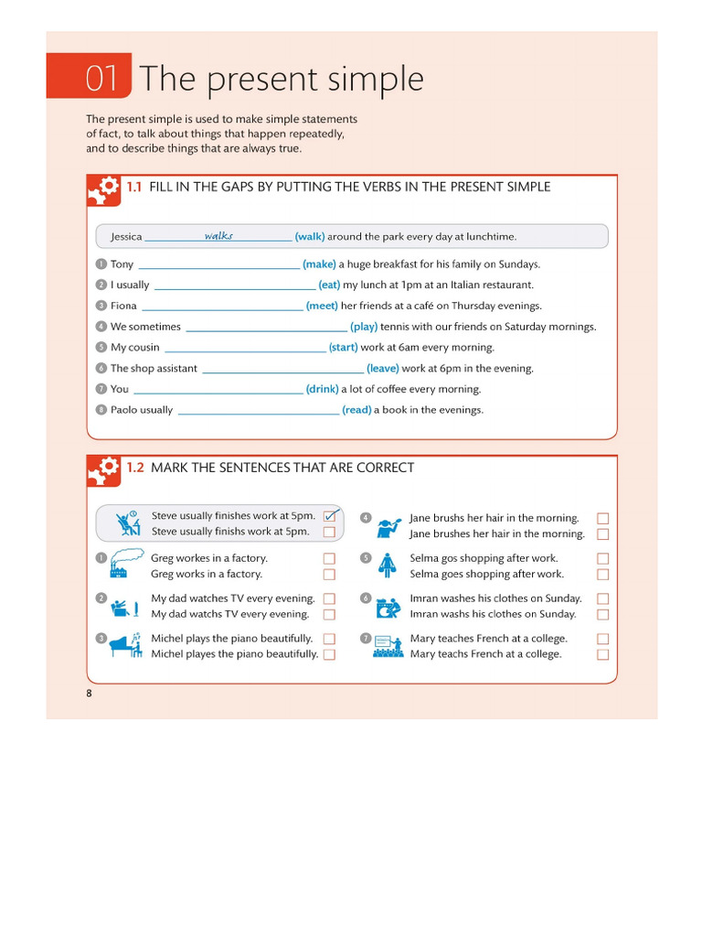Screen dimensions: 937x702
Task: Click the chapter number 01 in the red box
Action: click(x=102, y=79)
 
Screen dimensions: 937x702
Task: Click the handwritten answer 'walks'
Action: click(x=218, y=235)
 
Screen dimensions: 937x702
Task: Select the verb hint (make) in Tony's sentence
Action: click(x=319, y=264)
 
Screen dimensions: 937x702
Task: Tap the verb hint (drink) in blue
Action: click(x=322, y=389)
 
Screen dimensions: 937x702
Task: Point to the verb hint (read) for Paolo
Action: click(x=356, y=410)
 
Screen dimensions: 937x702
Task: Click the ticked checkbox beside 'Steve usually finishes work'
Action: click(x=330, y=515)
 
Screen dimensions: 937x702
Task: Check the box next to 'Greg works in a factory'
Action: click(x=329, y=575)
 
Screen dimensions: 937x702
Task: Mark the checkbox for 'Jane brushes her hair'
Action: click(x=602, y=534)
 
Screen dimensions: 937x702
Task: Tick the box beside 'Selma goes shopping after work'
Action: click(x=602, y=575)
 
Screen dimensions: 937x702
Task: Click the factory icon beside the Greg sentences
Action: click(x=125, y=564)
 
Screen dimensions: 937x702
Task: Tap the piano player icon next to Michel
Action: click(x=125, y=644)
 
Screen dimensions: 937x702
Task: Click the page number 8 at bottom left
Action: click(x=90, y=694)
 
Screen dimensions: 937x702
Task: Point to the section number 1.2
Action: click(x=135, y=468)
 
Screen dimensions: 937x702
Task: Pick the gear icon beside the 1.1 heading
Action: click(x=104, y=190)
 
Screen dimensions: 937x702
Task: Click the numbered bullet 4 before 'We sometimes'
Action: click(x=101, y=327)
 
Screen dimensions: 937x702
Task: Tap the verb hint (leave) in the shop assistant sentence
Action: click(x=382, y=369)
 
